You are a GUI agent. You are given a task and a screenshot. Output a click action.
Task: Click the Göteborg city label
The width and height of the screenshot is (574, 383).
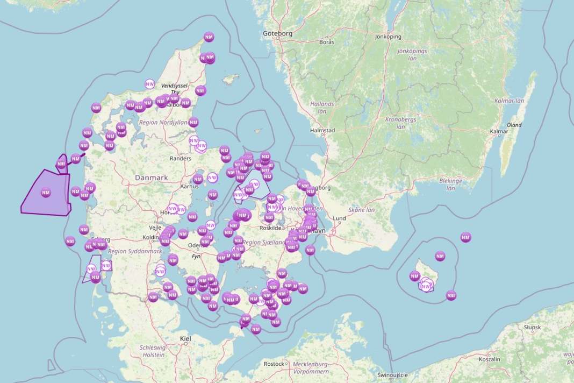pos(277,33)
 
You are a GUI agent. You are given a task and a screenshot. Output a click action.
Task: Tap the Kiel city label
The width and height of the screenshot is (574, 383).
pos(185,338)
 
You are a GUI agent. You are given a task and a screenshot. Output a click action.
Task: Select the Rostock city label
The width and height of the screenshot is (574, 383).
pos(274,364)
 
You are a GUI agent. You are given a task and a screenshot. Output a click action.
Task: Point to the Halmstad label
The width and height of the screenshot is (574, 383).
pos(322,130)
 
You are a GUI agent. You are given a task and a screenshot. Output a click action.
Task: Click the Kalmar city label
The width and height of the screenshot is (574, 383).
pos(499,131)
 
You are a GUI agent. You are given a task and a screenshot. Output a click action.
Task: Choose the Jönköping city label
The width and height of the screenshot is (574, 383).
pos(388,37)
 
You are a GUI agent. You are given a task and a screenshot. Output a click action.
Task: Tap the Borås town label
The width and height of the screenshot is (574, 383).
pos(326,41)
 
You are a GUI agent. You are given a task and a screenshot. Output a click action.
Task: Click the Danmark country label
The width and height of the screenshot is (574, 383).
pos(152,178)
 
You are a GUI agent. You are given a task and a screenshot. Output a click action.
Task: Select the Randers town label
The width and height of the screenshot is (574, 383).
pos(180,159)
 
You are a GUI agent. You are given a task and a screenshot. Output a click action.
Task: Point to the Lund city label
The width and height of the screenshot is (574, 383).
pos(339,218)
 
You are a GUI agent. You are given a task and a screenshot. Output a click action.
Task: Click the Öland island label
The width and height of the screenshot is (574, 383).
pos(514,125)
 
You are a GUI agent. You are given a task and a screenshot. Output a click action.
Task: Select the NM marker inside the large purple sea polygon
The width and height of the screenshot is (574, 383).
pos(46,192)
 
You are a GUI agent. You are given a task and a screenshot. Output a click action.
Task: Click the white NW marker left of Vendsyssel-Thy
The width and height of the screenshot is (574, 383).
pos(150,84)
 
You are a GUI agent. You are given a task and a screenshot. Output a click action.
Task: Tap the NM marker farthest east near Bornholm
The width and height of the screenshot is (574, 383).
pos(465,237)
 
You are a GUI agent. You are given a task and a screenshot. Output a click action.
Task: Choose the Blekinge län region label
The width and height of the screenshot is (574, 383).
pos(450,185)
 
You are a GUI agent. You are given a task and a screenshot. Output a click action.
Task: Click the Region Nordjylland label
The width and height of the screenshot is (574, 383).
pos(163,123)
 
